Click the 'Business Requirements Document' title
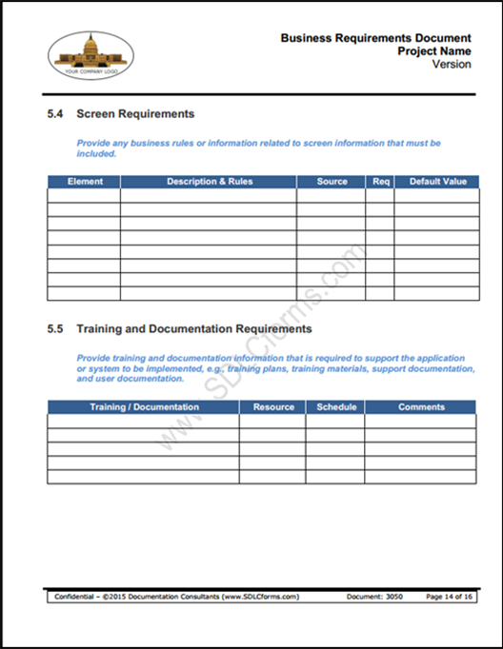pyautogui.click(x=375, y=38)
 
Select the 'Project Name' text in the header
pyautogui.click(x=433, y=51)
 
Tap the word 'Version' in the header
pyautogui.click(x=452, y=65)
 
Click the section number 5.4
pyautogui.click(x=55, y=114)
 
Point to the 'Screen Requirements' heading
pyautogui.click(x=135, y=114)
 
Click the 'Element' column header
pyautogui.click(x=85, y=182)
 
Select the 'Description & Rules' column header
pyautogui.click(x=210, y=182)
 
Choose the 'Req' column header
pyautogui.click(x=380, y=182)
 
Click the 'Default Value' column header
pyautogui.click(x=437, y=182)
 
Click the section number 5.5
pyautogui.click(x=55, y=329)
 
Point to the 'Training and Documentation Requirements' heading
pyautogui.click(x=194, y=329)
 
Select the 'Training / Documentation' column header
pyautogui.click(x=144, y=407)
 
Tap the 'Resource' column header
pyautogui.click(x=273, y=407)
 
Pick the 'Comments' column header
pyautogui.click(x=421, y=407)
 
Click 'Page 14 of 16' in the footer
pyautogui.click(x=449, y=597)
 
